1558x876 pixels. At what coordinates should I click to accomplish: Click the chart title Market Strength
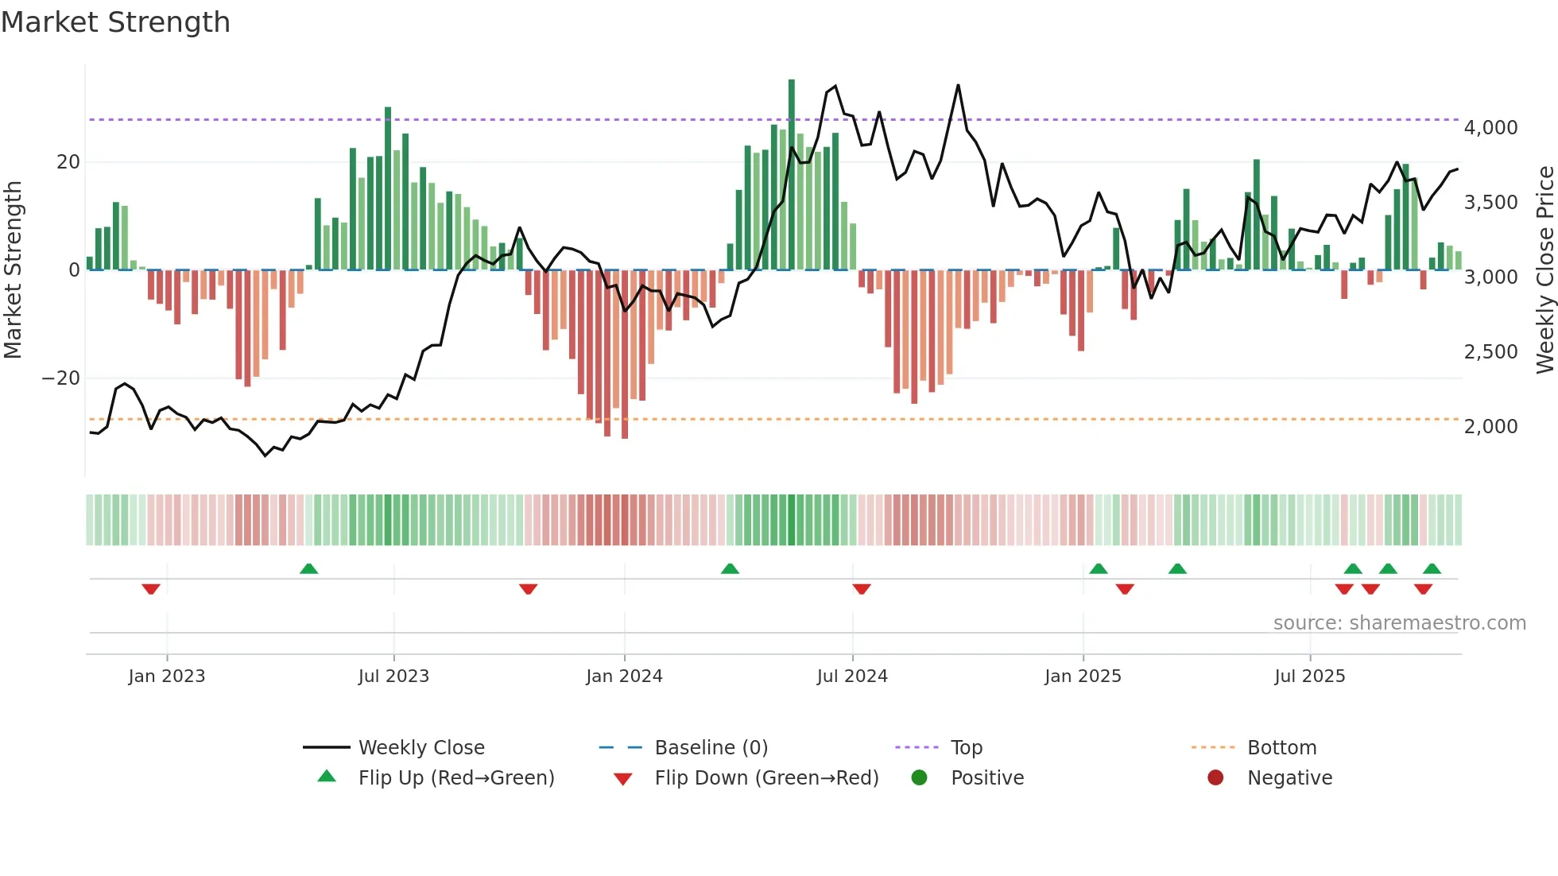coord(115,21)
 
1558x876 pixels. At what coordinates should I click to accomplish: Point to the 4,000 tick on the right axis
coord(1490,127)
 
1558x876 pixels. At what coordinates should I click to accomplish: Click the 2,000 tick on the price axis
coord(1490,426)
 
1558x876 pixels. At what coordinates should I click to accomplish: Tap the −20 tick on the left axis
coord(61,378)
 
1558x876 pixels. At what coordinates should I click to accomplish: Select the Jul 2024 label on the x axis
coord(852,676)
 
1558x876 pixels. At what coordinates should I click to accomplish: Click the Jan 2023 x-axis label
coord(167,676)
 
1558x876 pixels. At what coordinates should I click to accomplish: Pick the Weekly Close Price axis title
coord(1544,270)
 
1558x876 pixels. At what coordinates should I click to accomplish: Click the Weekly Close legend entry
coord(421,747)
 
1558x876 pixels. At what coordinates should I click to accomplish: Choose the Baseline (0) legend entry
coord(711,747)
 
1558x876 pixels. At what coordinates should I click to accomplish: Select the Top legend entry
coord(966,747)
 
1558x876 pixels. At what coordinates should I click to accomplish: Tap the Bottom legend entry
coord(1281,747)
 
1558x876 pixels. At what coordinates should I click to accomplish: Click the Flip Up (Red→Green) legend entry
coord(455,777)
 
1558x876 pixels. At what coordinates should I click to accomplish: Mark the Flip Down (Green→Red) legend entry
coord(766,777)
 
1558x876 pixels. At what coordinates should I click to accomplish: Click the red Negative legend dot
coord(1215,777)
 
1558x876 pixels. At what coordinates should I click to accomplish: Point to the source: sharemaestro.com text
coord(1399,622)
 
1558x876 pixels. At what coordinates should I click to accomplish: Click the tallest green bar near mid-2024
coord(792,175)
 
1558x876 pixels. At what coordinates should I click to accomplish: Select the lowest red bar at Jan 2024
coord(625,354)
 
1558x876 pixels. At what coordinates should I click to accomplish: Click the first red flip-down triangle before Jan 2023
coord(151,589)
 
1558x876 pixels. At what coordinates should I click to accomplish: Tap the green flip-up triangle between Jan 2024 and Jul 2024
coord(730,568)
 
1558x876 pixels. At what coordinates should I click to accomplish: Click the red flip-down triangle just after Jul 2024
coord(862,589)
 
